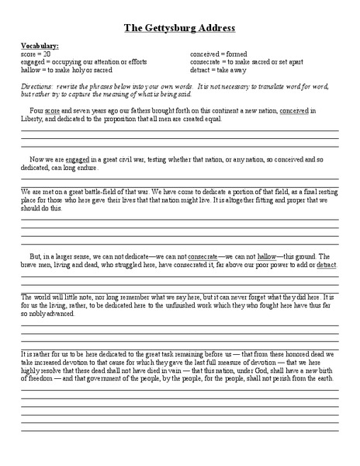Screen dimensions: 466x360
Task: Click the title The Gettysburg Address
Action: coord(179,28)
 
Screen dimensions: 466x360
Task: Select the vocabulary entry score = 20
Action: coord(37,54)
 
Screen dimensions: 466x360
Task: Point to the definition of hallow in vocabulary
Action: coord(80,72)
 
